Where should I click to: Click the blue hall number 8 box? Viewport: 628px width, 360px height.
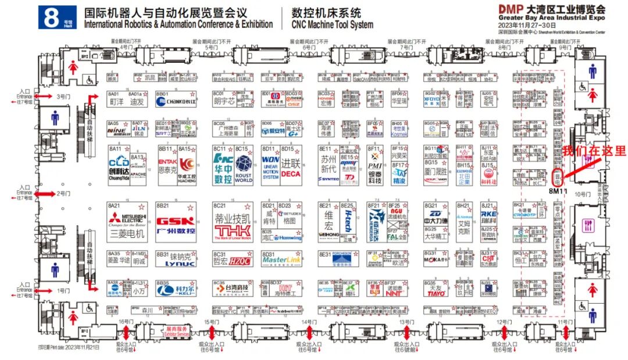(x=56, y=17)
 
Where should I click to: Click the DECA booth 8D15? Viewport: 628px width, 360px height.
(x=291, y=165)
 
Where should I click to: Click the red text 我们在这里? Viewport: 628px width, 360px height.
(x=594, y=151)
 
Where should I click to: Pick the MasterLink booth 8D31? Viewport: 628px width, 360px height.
(x=280, y=260)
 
